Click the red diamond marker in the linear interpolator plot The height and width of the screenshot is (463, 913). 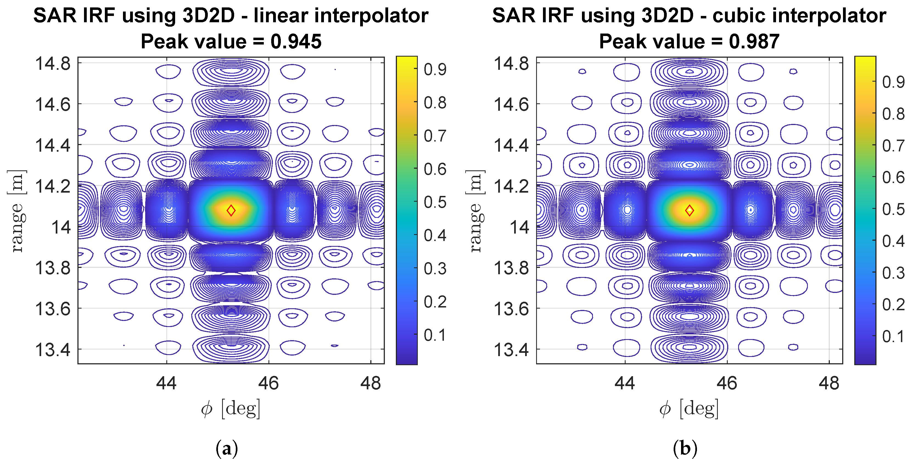[231, 210]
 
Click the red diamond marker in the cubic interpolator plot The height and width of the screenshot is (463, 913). [689, 210]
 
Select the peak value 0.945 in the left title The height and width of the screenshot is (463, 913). [296, 41]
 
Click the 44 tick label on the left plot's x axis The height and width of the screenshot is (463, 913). [166, 383]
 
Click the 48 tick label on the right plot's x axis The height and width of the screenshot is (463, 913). [829, 383]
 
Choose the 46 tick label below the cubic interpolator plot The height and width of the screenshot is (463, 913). [727, 383]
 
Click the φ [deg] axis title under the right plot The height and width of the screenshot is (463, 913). [689, 409]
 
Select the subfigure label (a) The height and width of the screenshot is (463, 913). [227, 449]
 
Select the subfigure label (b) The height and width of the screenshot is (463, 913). [685, 449]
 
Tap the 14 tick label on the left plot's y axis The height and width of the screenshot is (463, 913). [61, 227]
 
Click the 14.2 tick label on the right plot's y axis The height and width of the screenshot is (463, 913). [511, 186]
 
